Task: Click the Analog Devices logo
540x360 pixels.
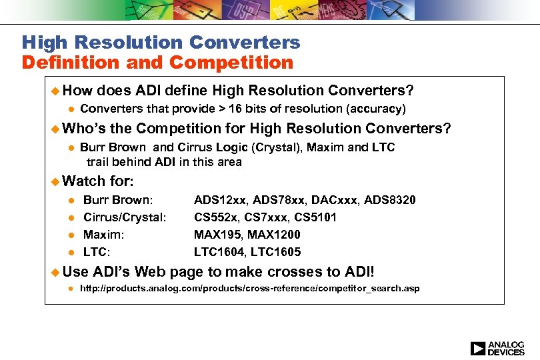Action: pos(497,347)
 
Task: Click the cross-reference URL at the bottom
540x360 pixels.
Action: pos(249,288)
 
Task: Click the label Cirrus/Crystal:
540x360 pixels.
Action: pos(124,217)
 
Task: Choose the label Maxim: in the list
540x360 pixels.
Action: pos(103,235)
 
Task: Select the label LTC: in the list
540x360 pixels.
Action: pos(97,252)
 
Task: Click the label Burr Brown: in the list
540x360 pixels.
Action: pos(117,200)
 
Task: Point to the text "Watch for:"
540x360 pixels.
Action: pos(97,181)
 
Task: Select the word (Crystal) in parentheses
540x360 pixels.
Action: pos(280,147)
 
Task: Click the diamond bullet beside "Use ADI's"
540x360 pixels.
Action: pos(56,272)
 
